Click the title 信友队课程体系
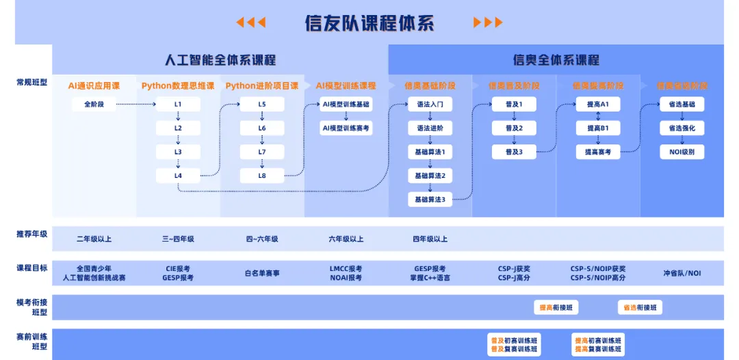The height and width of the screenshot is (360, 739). point(369,23)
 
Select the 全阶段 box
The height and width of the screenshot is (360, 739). point(94,105)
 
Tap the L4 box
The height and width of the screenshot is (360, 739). point(178,176)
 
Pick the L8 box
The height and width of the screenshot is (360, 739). point(262,176)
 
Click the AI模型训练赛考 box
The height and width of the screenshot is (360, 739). point(346,128)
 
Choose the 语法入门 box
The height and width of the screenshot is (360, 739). point(430,105)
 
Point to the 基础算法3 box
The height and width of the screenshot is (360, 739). point(430,200)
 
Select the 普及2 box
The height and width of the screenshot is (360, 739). point(514,128)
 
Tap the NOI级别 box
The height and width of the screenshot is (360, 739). point(682,152)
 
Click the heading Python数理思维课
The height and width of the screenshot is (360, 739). point(178,86)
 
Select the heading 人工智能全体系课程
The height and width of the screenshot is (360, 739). point(220,60)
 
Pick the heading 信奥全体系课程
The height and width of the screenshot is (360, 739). point(556,60)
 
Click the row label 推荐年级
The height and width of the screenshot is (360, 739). point(32,234)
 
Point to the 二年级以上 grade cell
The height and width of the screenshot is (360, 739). point(94,240)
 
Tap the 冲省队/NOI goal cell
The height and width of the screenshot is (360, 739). point(682,273)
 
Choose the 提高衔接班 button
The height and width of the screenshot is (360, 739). point(556,308)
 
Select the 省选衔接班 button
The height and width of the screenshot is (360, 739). point(640,308)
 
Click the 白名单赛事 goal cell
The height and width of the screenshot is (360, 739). point(262,273)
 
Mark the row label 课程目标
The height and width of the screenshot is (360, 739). point(32,268)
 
